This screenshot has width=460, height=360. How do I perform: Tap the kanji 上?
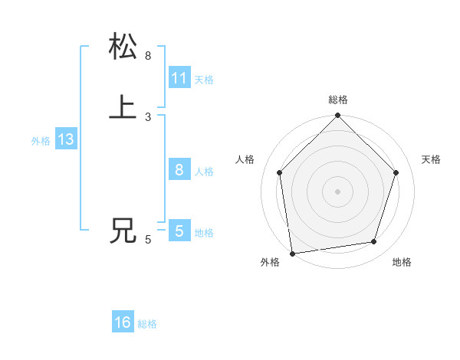123,107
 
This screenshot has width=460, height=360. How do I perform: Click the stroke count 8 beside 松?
148,56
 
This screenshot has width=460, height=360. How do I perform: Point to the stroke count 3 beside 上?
148,117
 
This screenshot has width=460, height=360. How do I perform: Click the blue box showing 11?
179,78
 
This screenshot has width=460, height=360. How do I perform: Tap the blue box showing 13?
65,140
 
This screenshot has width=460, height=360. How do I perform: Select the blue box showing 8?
179,170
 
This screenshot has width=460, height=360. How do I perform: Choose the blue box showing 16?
123,322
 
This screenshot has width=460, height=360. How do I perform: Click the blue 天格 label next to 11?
203,80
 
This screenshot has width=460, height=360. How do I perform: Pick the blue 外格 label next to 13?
41,141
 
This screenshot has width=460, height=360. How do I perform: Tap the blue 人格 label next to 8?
204,172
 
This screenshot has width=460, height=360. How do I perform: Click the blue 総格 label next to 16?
147,324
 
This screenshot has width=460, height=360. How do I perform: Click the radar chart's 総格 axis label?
338,100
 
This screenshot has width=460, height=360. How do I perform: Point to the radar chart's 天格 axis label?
431,159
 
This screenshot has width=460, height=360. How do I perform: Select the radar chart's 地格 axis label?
402,262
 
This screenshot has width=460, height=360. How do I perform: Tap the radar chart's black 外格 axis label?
270,262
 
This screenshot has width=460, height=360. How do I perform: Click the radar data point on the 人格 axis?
280,172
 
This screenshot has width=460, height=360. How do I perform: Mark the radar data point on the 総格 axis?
337,116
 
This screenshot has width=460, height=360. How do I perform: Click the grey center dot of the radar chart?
337,191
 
